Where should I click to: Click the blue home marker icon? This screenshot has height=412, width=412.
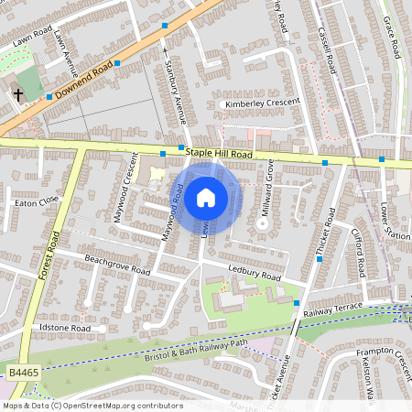pyautogui.click(x=206, y=198)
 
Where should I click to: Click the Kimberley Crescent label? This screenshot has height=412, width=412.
pyautogui.click(x=263, y=103)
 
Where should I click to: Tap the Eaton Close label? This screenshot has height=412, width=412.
pyautogui.click(x=37, y=200)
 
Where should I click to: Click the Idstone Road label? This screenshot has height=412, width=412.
pyautogui.click(x=64, y=327)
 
